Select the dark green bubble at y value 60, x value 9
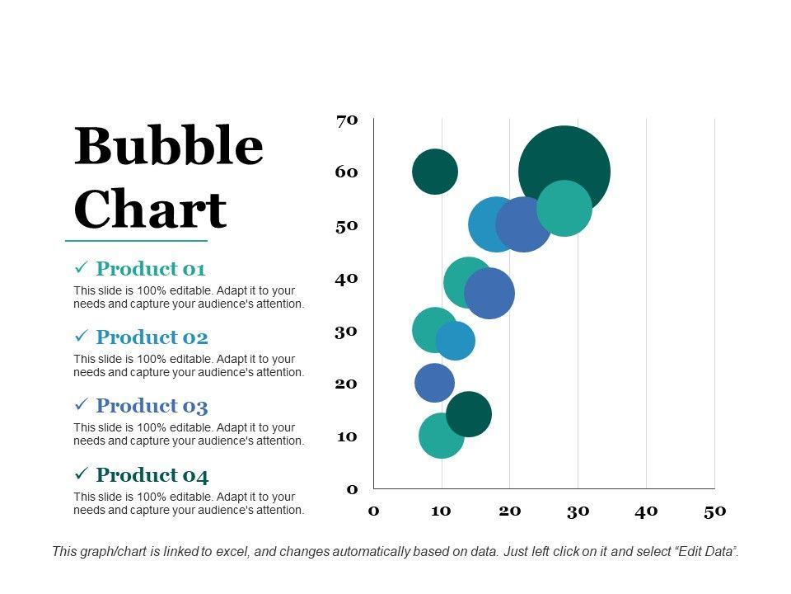pyautogui.click(x=434, y=172)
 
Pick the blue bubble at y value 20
pyautogui.click(x=433, y=382)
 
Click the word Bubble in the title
pyautogui.click(x=169, y=147)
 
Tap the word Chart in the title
pyautogui.click(x=150, y=210)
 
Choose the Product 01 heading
pyautogui.click(x=150, y=269)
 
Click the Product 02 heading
pyautogui.click(x=152, y=337)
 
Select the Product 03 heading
pyautogui.click(x=152, y=406)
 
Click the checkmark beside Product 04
pyautogui.click(x=82, y=474)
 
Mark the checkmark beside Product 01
pyautogui.click(x=82, y=269)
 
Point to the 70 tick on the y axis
pyautogui.click(x=347, y=120)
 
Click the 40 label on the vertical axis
pyautogui.click(x=347, y=278)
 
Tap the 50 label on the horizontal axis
pyautogui.click(x=714, y=511)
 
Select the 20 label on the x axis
pyautogui.click(x=510, y=511)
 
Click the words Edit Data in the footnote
pyautogui.click(x=704, y=551)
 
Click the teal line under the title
pyautogui.click(x=136, y=241)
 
